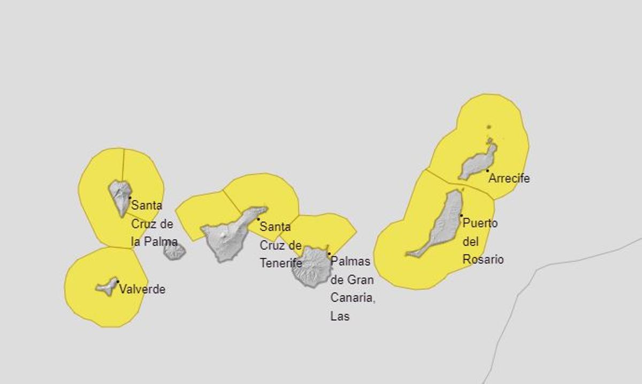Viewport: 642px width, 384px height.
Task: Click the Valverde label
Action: [x=142, y=289]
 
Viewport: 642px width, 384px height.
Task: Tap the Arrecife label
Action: [x=509, y=178]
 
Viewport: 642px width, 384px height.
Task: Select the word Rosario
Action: [x=483, y=259]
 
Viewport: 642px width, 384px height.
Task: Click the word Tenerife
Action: [x=281, y=263]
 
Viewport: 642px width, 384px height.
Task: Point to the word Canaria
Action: [x=353, y=298]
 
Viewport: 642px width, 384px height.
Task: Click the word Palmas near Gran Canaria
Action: [x=350, y=261]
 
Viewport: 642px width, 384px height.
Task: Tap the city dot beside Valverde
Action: [x=118, y=282]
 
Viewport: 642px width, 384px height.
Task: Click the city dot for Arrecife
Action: [x=487, y=171]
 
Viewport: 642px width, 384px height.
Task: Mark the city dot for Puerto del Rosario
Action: [x=461, y=216]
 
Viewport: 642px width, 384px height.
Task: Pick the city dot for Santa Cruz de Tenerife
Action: [x=258, y=219]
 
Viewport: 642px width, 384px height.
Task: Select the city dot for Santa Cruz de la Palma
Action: [x=129, y=198]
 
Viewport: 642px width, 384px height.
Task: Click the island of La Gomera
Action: [x=174, y=251]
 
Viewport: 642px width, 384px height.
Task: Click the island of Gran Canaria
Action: [x=311, y=266]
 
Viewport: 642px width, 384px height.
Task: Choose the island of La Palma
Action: [x=120, y=195]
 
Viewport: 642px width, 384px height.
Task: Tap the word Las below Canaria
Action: [x=340, y=316]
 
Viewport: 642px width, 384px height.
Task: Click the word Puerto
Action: [x=480, y=223]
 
